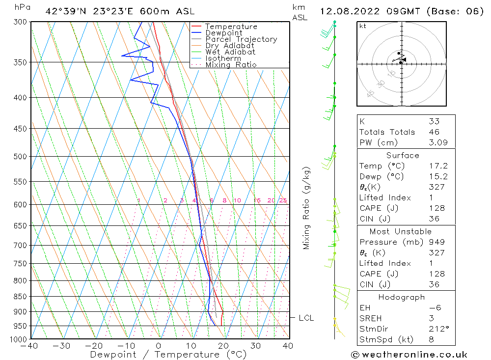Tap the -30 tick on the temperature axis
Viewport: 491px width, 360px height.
(61, 346)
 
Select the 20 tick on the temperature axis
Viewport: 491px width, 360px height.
(223, 346)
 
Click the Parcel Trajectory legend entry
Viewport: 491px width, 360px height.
(241, 39)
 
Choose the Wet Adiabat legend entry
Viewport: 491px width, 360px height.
(230, 52)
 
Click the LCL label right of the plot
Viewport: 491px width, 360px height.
(306, 318)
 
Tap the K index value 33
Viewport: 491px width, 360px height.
(434, 121)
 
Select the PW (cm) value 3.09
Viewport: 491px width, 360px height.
(436, 143)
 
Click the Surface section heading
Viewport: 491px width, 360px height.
(403, 155)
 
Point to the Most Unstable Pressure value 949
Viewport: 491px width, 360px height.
(436, 242)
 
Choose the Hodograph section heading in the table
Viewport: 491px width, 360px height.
(402, 297)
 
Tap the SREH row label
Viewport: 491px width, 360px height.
(370, 318)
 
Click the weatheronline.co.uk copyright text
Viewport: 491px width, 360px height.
(409, 354)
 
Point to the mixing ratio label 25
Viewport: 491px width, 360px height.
(283, 200)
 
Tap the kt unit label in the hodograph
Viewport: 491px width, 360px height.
(362, 26)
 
